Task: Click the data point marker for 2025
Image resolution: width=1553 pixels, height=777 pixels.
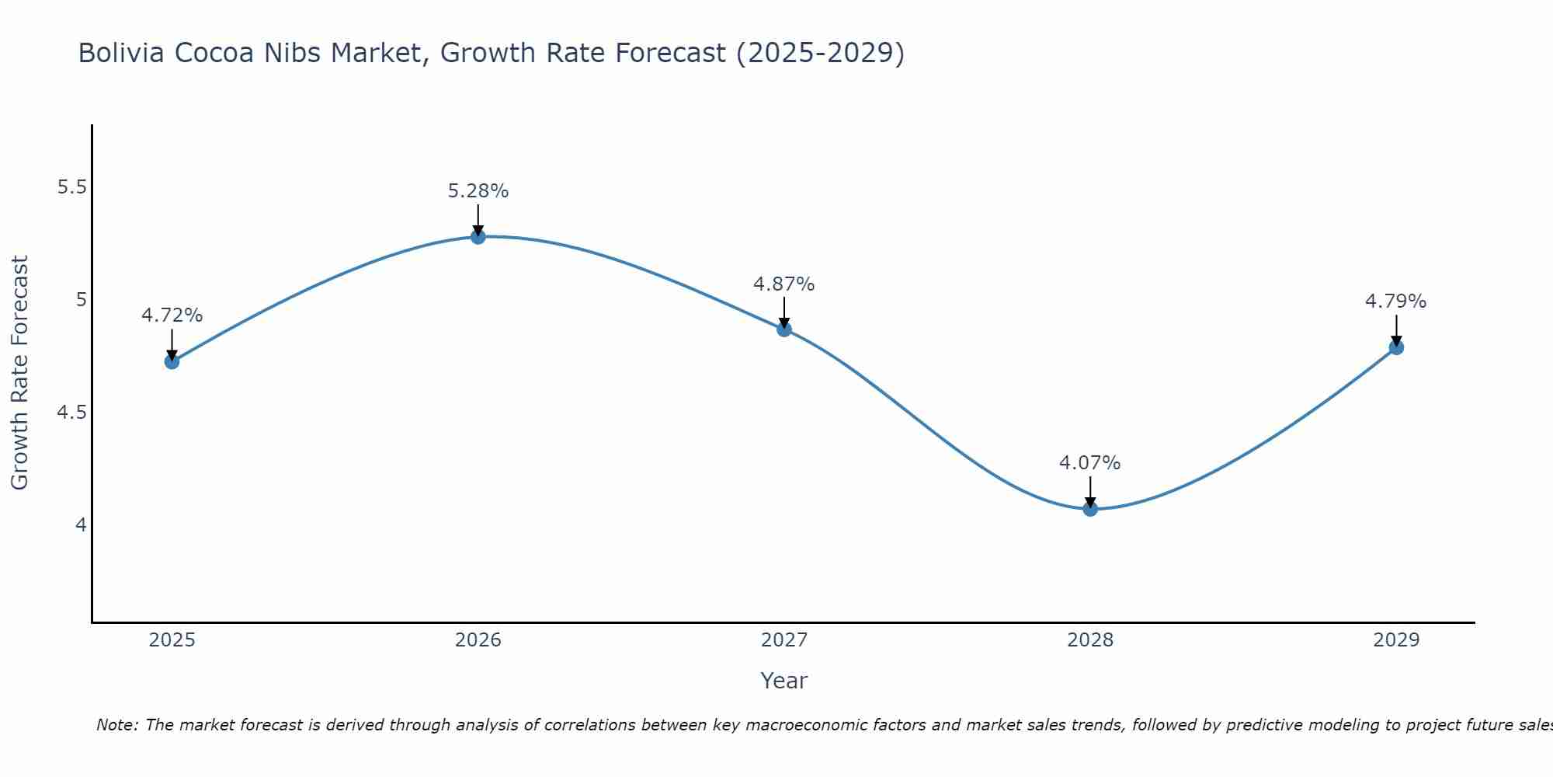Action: click(x=172, y=361)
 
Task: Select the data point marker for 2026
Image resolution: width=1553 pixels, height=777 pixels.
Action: click(x=478, y=236)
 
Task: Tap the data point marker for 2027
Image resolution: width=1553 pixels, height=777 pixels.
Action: click(x=784, y=329)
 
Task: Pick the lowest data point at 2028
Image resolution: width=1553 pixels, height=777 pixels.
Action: click(x=1090, y=509)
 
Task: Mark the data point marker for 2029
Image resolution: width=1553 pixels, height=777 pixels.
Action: click(x=1396, y=347)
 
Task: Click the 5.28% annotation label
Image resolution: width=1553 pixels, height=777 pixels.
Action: click(x=478, y=191)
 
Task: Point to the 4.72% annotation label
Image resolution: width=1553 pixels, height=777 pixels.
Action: click(x=172, y=315)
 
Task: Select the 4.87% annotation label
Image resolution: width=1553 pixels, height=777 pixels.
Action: click(x=784, y=284)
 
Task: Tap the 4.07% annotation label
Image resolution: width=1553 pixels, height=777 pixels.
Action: click(x=1090, y=463)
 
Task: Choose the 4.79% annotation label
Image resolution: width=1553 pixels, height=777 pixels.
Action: click(x=1396, y=301)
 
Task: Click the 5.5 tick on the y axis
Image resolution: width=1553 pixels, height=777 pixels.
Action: click(x=73, y=187)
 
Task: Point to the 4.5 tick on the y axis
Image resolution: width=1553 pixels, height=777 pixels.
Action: click(x=73, y=413)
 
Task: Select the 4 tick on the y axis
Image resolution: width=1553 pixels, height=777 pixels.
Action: click(x=81, y=525)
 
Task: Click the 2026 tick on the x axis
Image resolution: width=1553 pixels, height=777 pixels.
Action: click(x=478, y=640)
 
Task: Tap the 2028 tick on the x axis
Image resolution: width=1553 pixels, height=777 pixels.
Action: click(x=1090, y=640)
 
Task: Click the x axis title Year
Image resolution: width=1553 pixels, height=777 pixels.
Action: click(x=784, y=681)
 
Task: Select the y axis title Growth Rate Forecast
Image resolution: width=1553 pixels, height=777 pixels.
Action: click(x=20, y=373)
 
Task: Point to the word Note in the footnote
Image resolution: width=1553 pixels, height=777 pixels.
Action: click(x=117, y=725)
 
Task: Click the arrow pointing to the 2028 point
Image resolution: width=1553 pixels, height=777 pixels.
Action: click(x=1090, y=492)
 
